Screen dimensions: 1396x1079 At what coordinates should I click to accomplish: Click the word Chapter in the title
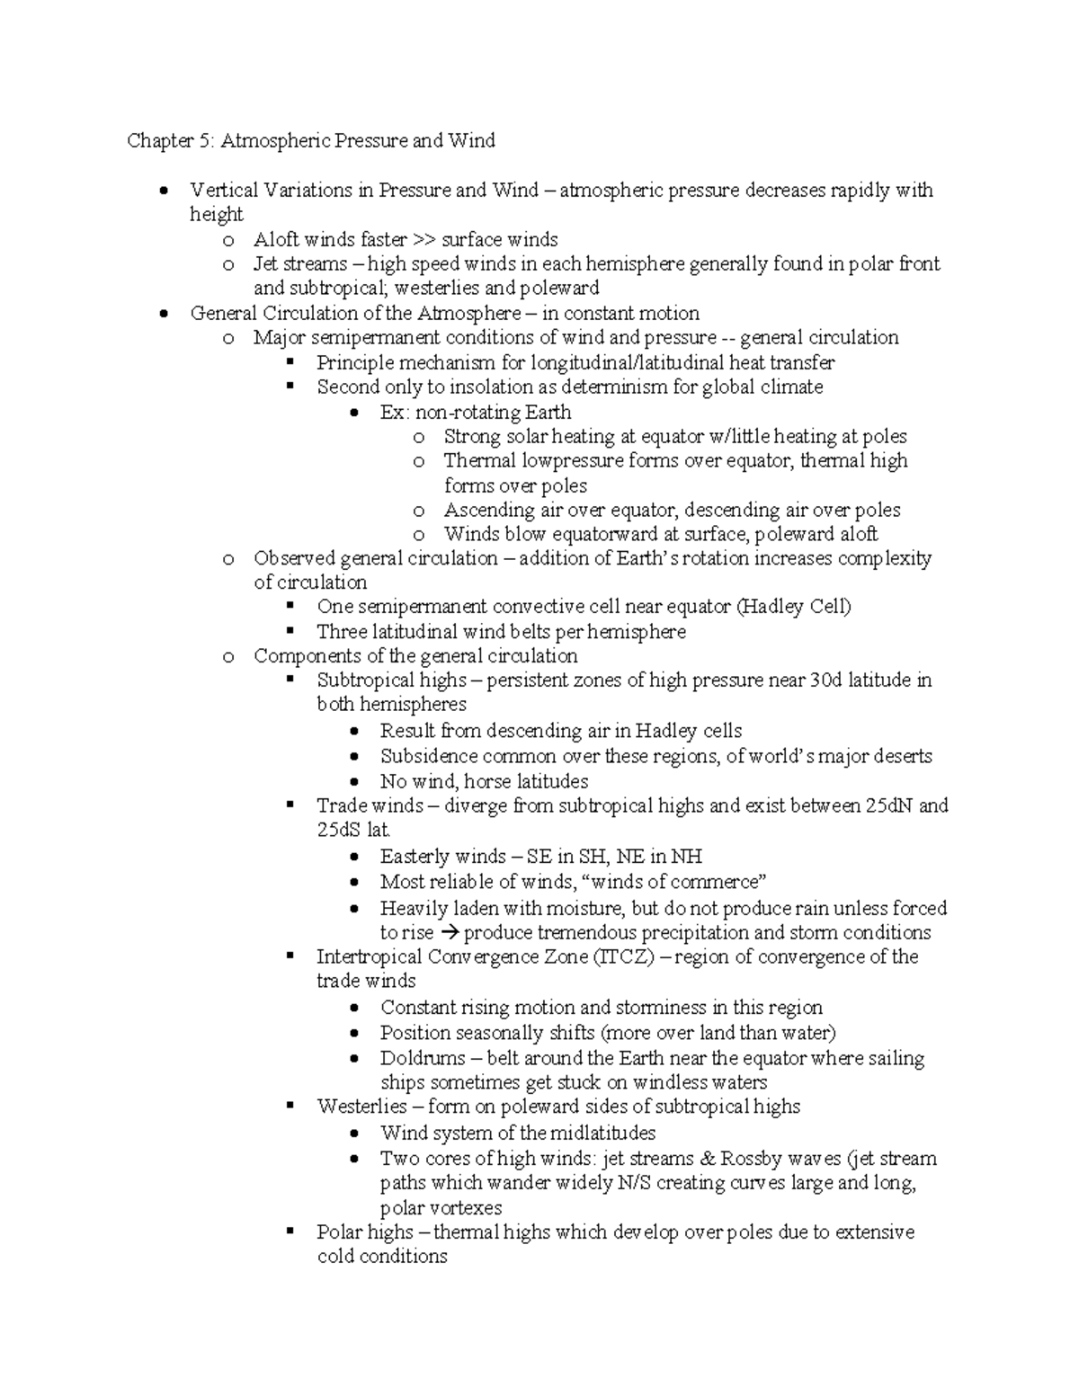pyautogui.click(x=158, y=141)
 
